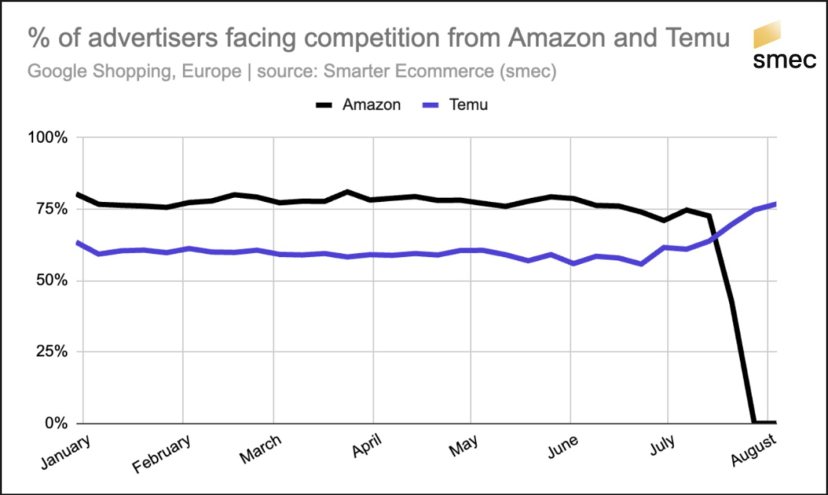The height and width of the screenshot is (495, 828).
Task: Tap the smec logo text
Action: pyautogui.click(x=784, y=61)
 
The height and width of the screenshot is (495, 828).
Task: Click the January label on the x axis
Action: pyautogui.click(x=64, y=452)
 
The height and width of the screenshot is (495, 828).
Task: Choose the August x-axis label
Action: pyautogui.click(x=754, y=451)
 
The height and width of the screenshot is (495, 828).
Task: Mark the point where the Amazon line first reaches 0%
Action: pyautogui.click(x=754, y=422)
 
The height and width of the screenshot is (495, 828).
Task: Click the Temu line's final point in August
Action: pyautogui.click(x=777, y=203)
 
